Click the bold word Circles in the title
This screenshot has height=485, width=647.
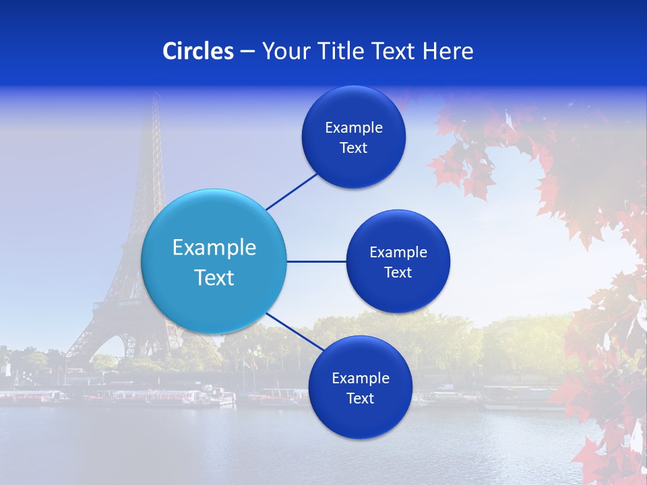(x=198, y=51)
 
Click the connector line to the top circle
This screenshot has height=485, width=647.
(x=292, y=191)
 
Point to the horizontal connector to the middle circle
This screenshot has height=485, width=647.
(x=316, y=261)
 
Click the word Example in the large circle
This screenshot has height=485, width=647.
(x=214, y=248)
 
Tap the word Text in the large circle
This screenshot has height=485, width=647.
(x=214, y=278)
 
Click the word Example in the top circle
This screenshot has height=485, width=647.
(x=354, y=128)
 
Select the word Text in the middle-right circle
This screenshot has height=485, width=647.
(x=398, y=273)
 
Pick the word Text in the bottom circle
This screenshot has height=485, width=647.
(x=360, y=399)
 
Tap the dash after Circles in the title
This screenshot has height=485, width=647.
(x=247, y=51)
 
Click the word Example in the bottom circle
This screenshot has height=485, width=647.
(x=361, y=379)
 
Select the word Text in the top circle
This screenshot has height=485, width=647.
(x=353, y=148)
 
